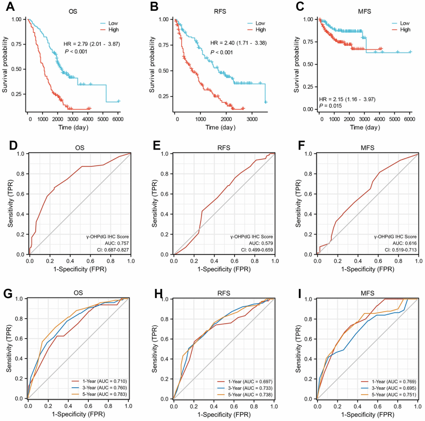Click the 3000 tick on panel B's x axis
251,119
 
